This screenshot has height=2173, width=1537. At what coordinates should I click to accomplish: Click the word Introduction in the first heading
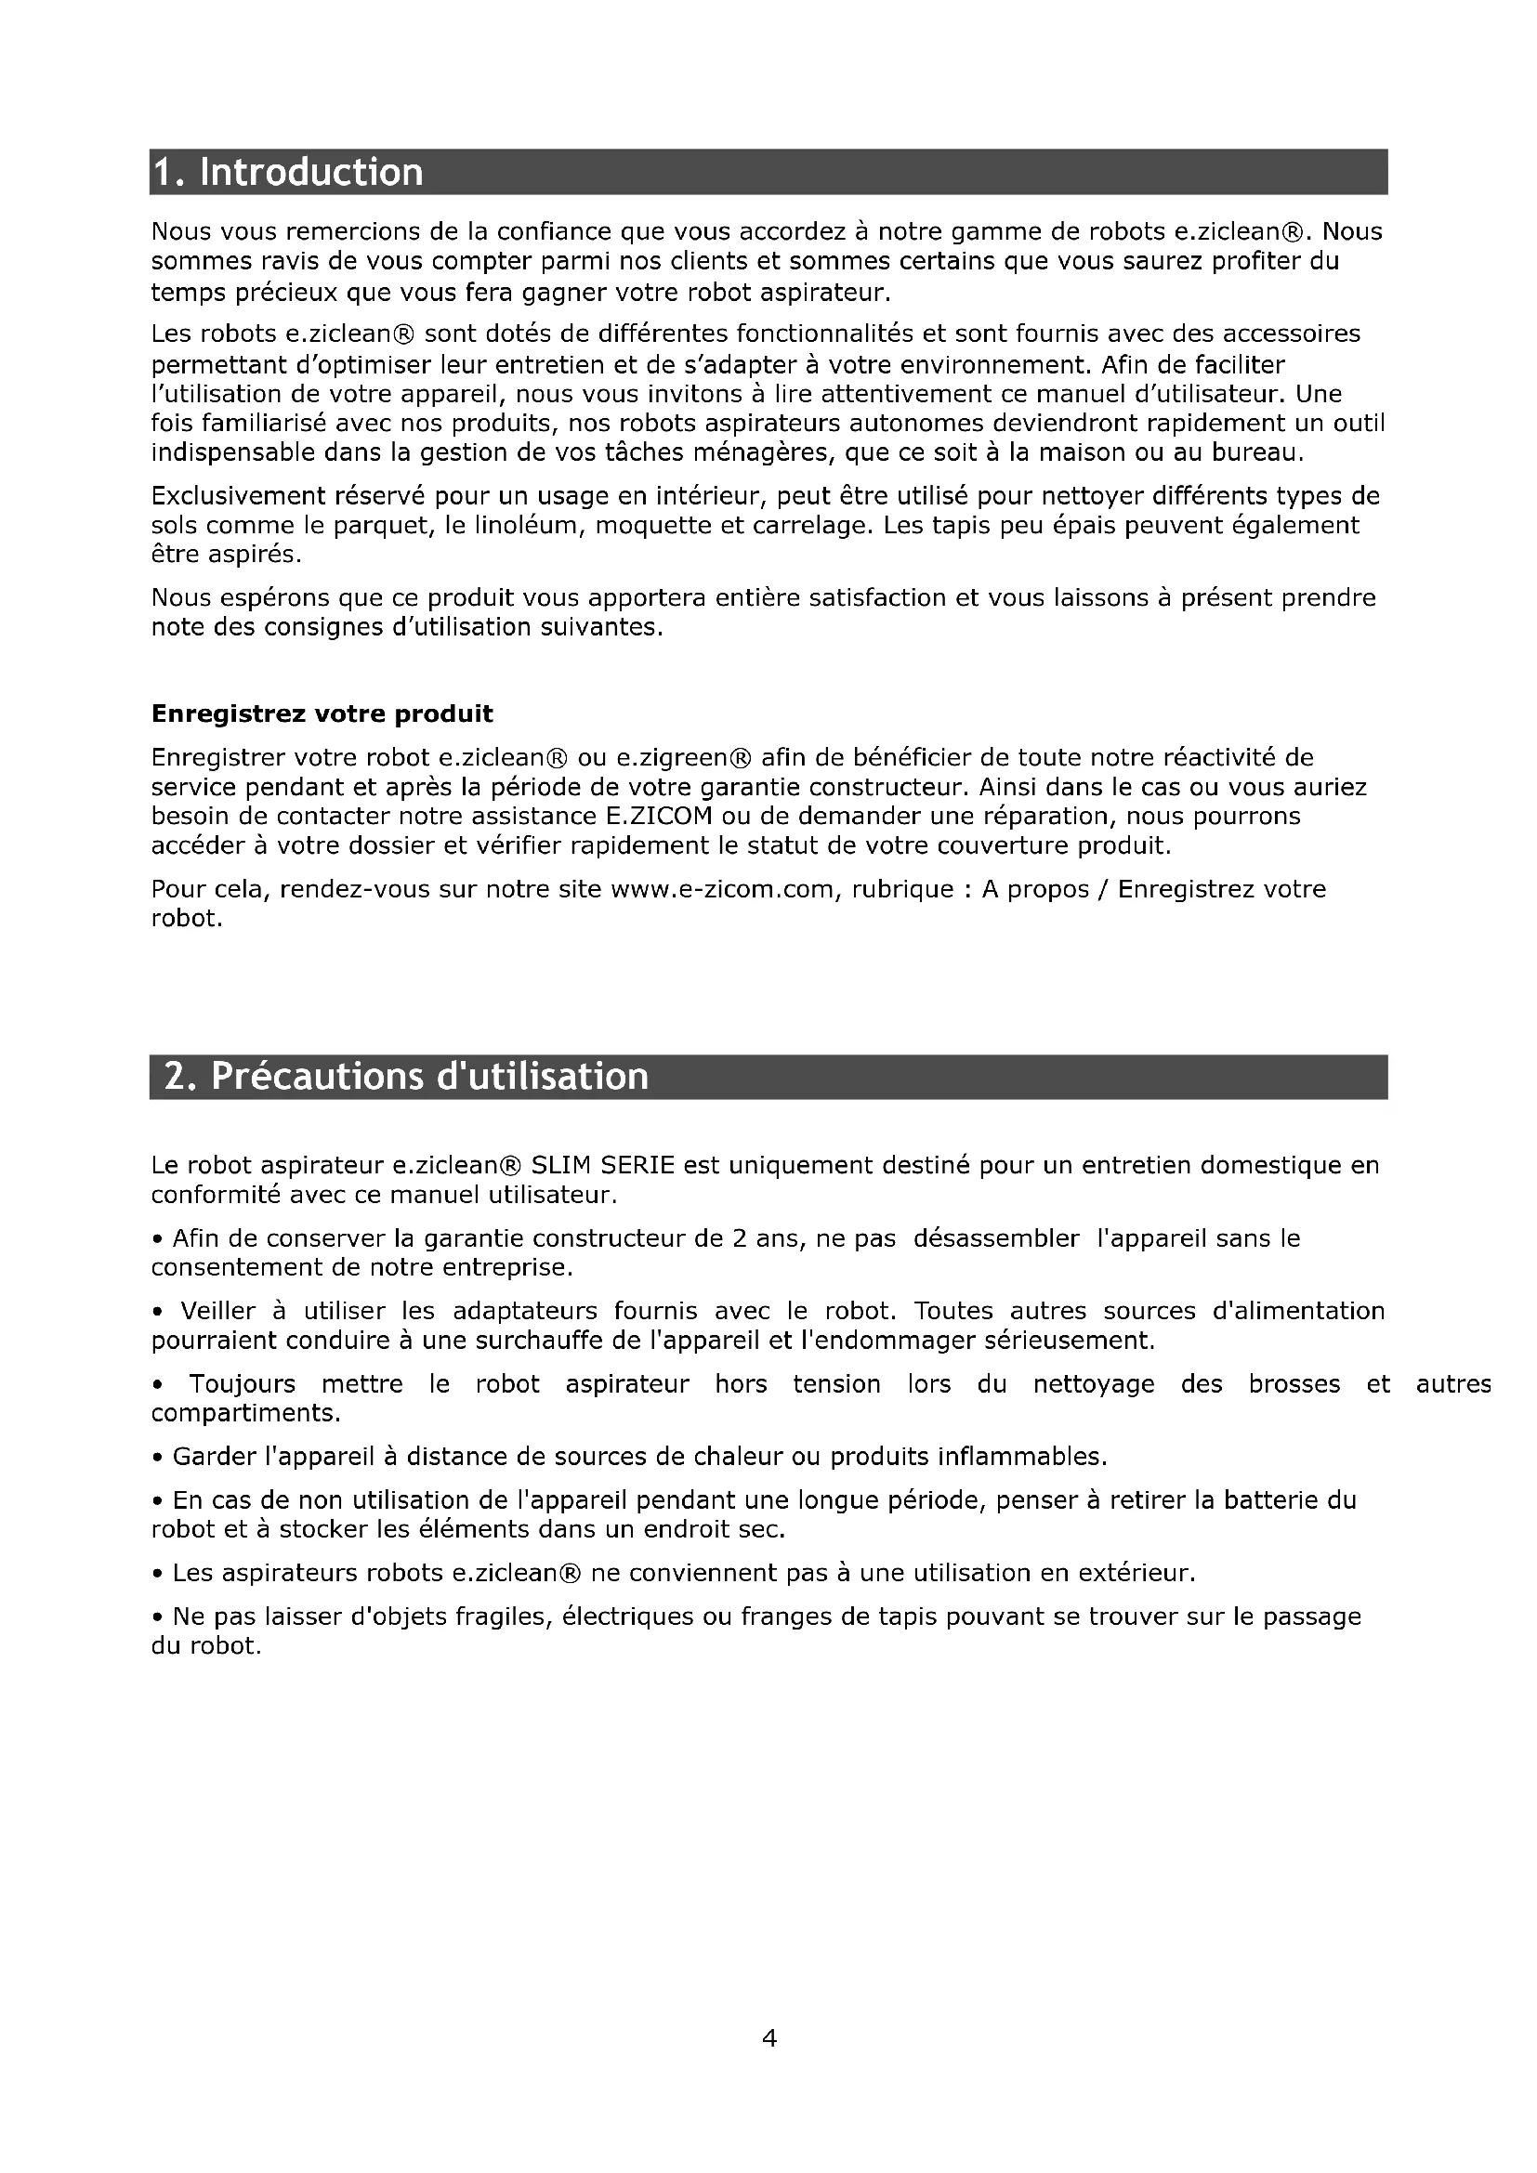point(311,172)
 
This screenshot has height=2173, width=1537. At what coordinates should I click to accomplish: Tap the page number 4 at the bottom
point(768,2036)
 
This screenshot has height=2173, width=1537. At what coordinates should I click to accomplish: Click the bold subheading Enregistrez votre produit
point(322,713)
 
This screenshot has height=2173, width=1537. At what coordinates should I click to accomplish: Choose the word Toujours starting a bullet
point(243,1383)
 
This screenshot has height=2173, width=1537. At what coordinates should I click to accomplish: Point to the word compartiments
point(245,1413)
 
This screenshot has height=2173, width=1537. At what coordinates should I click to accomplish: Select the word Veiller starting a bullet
point(217,1311)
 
